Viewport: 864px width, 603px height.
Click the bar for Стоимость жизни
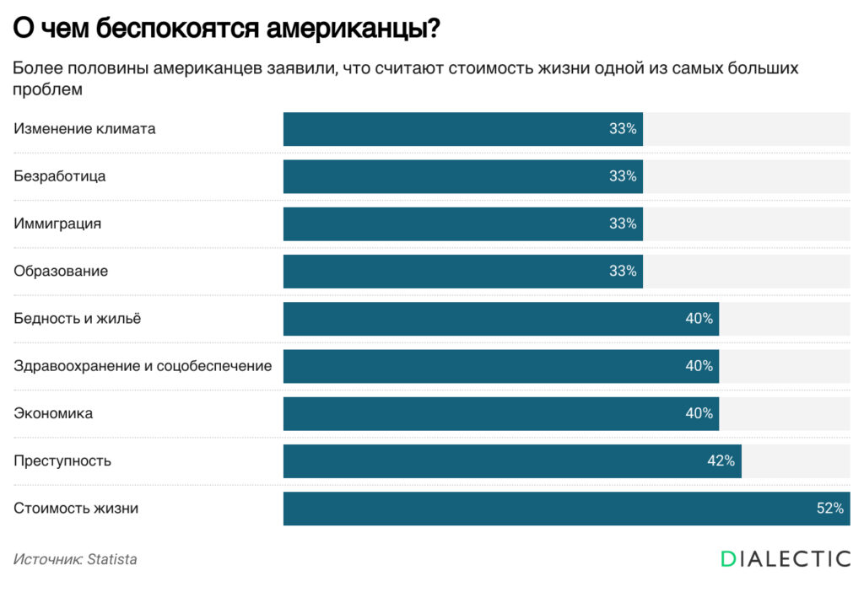point(566,509)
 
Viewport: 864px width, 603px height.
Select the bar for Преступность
point(512,461)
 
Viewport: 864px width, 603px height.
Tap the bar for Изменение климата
point(462,129)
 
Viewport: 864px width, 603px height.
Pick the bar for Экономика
point(500,414)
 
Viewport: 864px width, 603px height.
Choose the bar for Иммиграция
point(462,224)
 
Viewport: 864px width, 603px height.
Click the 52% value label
point(830,509)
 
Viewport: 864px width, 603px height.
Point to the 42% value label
point(721,461)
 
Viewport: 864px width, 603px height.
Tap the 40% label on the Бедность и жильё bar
point(699,319)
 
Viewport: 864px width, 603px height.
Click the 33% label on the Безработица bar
point(623,176)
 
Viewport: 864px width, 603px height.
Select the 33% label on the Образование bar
point(623,272)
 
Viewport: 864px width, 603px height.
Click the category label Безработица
point(60,176)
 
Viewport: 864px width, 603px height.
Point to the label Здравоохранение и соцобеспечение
point(143,366)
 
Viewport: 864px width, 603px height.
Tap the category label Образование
point(61,272)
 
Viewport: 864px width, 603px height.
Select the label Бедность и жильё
point(78,319)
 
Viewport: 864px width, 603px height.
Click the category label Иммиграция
point(57,224)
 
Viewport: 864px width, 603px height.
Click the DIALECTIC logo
point(786,558)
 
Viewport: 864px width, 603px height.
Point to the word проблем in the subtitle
point(47,89)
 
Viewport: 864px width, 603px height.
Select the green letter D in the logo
point(729,558)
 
